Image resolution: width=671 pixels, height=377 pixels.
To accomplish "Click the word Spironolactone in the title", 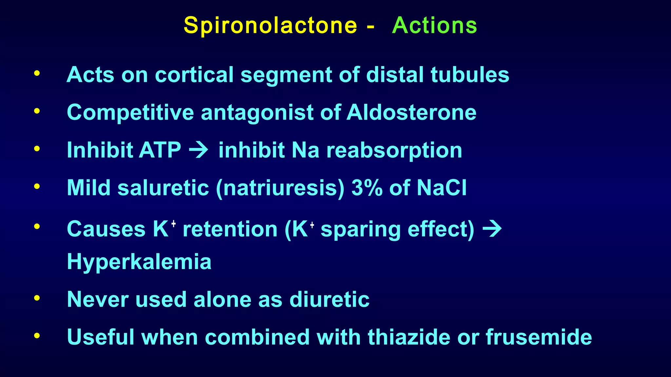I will click(270, 26).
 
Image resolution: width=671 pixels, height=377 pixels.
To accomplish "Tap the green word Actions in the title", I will click(434, 26).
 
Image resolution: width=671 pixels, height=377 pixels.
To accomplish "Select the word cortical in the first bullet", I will click(194, 75).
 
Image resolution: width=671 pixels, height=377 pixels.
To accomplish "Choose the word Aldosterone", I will click(411, 112).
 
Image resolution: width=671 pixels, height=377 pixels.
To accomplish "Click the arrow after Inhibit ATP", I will click(199, 150).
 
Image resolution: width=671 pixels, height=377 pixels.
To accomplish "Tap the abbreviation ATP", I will click(160, 150).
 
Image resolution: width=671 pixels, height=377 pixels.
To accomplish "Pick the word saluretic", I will click(163, 188).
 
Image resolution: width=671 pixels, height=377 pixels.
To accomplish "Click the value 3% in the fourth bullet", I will click(367, 188).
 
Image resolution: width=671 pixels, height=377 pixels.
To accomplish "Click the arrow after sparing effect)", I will click(492, 229).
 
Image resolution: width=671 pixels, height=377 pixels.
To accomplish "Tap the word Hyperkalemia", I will click(139, 262).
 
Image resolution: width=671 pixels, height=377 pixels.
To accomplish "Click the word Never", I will click(97, 299).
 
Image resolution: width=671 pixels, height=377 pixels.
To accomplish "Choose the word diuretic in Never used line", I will click(329, 299).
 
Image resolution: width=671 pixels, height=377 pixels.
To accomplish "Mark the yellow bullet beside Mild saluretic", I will click(37, 187).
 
